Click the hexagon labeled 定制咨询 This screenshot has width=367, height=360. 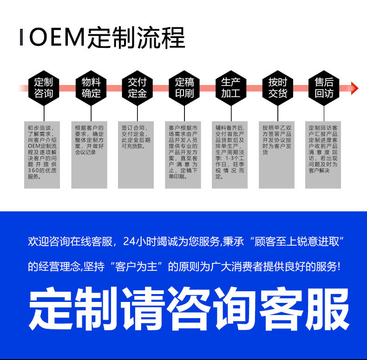coord(44,88)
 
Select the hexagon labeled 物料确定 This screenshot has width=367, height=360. coord(91,88)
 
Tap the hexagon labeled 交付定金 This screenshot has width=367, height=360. coord(137,88)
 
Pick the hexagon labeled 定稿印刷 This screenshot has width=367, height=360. coord(184,88)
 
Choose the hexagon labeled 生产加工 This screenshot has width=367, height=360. coord(230,88)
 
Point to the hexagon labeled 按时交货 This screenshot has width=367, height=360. coord(277,88)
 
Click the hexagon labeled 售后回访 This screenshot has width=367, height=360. coord(324,88)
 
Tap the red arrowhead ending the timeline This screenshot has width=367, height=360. coord(354,88)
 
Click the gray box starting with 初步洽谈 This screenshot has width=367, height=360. coord(42,155)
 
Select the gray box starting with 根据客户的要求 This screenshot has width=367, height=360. coord(89,155)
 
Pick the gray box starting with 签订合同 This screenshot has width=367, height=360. coord(136,155)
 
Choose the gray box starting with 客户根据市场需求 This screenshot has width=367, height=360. coord(183,155)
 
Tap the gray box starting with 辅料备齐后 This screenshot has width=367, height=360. coord(230,155)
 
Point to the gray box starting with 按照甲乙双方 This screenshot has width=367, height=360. coord(277,155)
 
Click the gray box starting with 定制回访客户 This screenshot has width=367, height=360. coord(323,155)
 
